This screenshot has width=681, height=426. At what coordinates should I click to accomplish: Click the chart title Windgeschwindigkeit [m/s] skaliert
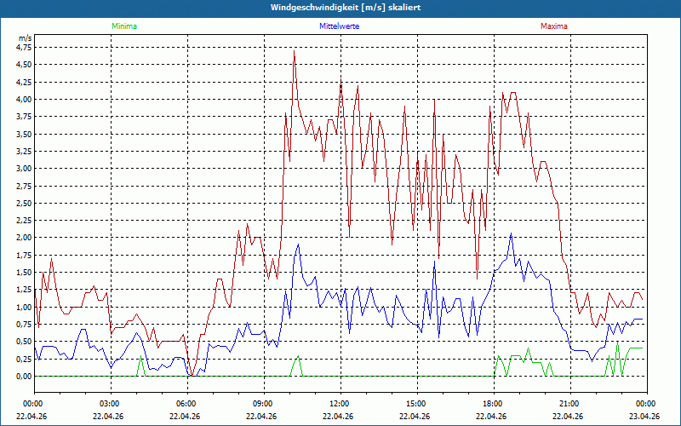340,8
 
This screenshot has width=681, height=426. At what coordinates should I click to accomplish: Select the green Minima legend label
123,26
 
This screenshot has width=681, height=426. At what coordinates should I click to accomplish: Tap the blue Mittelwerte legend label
339,26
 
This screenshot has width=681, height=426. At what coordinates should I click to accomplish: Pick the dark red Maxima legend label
554,26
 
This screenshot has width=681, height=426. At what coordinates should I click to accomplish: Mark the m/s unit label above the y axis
24,38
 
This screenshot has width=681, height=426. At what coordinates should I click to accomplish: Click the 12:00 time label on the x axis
340,404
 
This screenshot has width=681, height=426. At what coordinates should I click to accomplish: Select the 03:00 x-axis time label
110,404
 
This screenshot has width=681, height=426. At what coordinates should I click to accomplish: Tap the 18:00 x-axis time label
493,404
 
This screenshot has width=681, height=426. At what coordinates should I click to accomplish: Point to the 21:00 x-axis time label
569,404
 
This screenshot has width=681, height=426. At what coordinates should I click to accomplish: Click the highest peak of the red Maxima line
294,51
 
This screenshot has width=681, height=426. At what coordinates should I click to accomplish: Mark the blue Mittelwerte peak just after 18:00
511,233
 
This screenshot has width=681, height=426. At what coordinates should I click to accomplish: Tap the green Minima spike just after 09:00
296,357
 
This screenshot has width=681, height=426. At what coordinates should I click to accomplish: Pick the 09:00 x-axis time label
263,404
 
